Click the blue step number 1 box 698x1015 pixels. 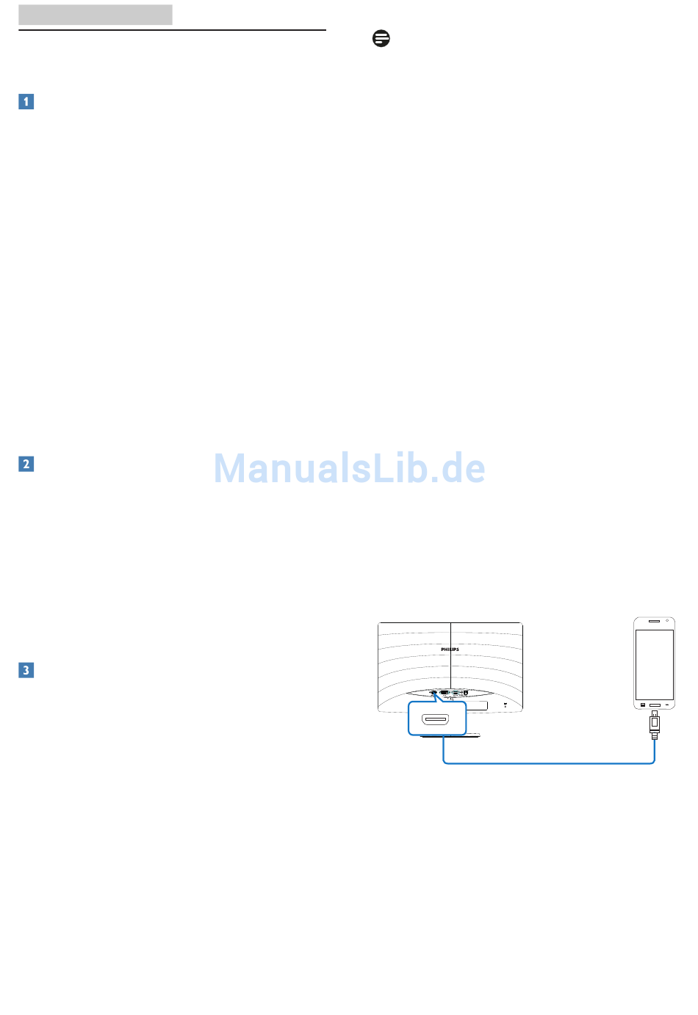coord(26,101)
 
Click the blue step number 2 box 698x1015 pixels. coord(26,464)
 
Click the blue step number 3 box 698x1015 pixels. coord(26,670)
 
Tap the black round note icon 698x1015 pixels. coord(381,38)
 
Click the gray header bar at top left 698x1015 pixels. coord(96,15)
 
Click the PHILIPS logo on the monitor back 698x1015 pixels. coord(450,650)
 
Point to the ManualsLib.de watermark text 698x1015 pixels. coord(349,468)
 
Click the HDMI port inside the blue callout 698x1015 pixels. coord(436,718)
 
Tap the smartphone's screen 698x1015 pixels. coord(655,665)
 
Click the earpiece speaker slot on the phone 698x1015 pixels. coord(654,621)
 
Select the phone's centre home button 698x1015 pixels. coord(655,705)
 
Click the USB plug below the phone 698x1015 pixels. coord(655,724)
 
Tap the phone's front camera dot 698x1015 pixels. coord(666,621)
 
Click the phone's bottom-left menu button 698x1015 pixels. coord(643,705)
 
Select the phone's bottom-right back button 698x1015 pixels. coord(667,705)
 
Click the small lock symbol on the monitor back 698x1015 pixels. coord(505,705)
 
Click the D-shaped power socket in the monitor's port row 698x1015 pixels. coord(466,693)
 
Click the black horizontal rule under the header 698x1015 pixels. coord(173,30)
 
